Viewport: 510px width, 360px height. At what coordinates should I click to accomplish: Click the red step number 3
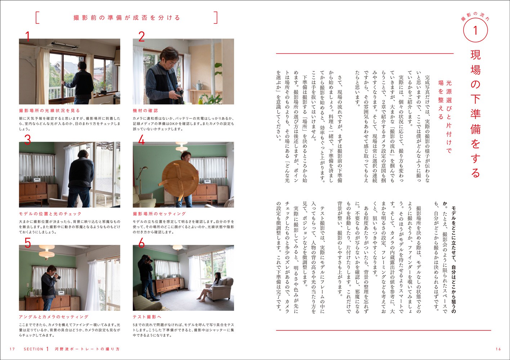(x=27, y=140)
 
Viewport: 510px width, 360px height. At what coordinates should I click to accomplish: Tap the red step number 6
(x=142, y=243)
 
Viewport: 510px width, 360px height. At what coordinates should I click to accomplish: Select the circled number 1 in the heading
(x=475, y=31)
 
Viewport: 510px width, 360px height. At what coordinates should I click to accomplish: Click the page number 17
(x=12, y=349)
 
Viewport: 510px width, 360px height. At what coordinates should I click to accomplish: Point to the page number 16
(x=498, y=349)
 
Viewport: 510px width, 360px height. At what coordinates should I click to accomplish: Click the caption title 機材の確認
(x=145, y=111)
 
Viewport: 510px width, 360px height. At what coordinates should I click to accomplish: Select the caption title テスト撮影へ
(x=147, y=317)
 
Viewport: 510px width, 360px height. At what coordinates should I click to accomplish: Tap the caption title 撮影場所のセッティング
(x=159, y=214)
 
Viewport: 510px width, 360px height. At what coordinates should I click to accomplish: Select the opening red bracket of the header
(x=37, y=18)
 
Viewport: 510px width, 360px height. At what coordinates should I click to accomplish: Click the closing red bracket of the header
(x=215, y=18)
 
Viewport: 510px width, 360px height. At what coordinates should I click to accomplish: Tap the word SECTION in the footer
(x=33, y=349)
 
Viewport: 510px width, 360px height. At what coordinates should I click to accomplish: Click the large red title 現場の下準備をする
(x=475, y=114)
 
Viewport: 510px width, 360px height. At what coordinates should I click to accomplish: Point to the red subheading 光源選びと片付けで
(x=449, y=117)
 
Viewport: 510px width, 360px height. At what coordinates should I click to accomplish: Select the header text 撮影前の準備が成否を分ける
(x=127, y=18)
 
